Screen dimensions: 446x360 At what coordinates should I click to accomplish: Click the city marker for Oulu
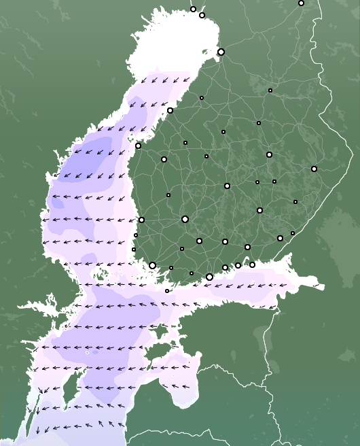(221, 52)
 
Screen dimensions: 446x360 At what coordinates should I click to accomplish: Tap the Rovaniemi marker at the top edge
(301, 3)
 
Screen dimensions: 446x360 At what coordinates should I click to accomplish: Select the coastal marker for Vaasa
(138, 145)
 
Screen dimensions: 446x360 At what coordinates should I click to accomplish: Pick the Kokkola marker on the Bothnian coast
(170, 110)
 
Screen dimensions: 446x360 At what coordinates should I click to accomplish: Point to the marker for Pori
(141, 220)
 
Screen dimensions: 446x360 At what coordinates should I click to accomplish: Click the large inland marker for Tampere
(185, 219)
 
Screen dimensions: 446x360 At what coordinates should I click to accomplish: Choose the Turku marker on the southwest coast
(152, 265)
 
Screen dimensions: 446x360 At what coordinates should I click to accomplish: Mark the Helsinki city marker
(209, 277)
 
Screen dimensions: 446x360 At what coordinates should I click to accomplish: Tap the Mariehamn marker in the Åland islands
(167, 291)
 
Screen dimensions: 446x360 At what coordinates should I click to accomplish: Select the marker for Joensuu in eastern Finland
(314, 169)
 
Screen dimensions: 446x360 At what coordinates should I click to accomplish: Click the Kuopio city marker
(269, 154)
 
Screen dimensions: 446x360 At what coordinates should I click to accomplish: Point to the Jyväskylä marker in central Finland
(227, 186)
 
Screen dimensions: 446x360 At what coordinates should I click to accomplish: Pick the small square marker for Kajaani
(270, 90)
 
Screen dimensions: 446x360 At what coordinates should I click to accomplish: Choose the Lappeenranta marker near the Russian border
(280, 238)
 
